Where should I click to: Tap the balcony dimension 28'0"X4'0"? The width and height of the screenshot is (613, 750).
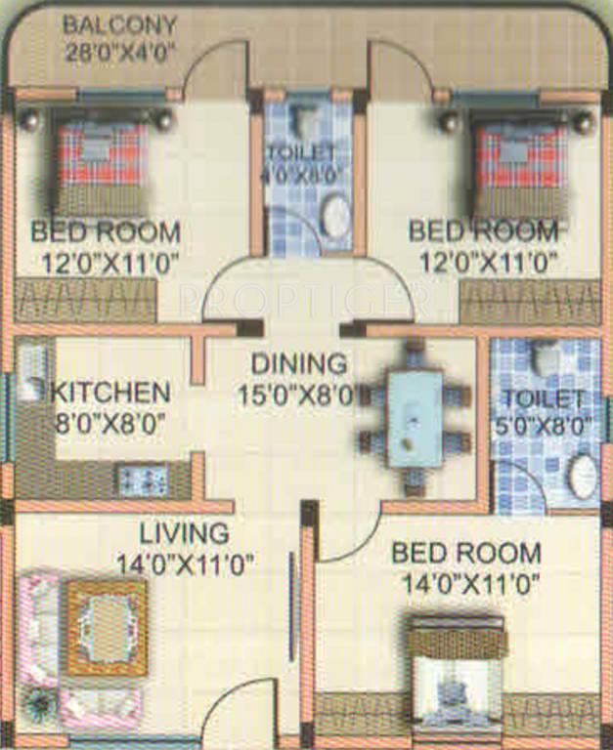[x=120, y=52]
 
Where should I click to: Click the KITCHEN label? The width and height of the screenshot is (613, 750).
[x=110, y=394]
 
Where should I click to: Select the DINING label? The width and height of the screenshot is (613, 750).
[x=298, y=364]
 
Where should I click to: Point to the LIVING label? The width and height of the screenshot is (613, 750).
[x=183, y=534]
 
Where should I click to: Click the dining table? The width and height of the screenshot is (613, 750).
[x=415, y=417]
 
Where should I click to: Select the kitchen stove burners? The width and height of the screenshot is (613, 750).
[x=143, y=479]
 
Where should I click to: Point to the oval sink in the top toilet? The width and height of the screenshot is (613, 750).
[x=336, y=217]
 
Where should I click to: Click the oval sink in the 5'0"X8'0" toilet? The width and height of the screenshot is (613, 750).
[x=583, y=477]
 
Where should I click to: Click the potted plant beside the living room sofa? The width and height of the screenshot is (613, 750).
[x=40, y=704]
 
